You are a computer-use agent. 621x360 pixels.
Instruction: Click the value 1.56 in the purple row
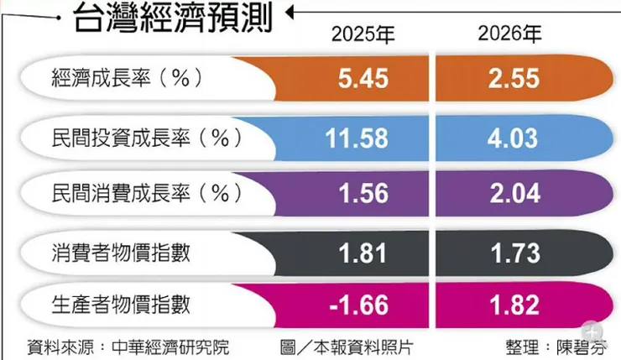point(363,194)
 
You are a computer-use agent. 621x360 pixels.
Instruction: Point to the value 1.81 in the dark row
point(363,251)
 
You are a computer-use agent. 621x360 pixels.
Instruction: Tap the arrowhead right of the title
point(290,13)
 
